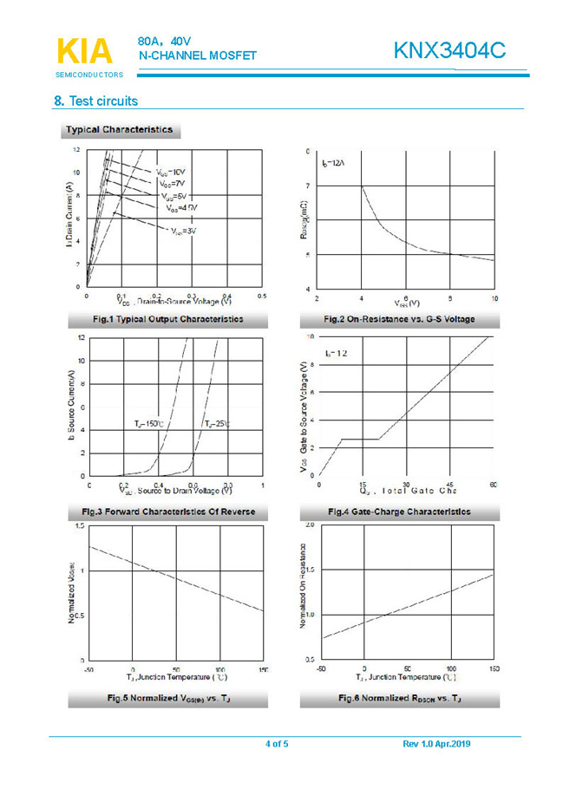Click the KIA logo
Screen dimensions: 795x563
pos(84,52)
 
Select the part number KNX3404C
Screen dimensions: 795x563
pos(448,51)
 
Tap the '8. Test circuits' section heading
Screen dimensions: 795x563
pos(95,101)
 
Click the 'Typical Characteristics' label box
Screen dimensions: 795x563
pos(120,130)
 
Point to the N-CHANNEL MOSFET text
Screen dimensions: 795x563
pos(198,55)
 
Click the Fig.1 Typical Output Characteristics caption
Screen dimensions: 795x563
pos(167,319)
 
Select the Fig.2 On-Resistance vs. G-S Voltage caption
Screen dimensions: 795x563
pos(399,319)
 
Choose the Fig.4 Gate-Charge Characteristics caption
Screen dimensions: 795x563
pos(399,512)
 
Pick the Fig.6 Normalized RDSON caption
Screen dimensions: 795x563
pos(399,698)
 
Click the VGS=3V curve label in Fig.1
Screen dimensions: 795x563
pos(183,231)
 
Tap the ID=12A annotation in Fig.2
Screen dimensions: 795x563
pos(334,163)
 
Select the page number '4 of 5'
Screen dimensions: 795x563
pos(277,744)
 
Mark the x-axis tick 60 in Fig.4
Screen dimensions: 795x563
pos(493,484)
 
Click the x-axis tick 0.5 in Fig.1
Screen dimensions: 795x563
pos(262,296)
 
